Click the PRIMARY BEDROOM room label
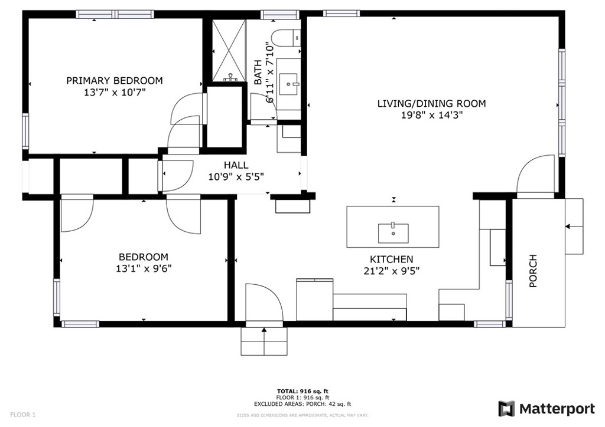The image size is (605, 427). click(x=115, y=80)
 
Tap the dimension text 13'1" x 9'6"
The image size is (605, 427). click(x=144, y=268)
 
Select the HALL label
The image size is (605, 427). click(x=236, y=165)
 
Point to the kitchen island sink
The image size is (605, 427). click(x=393, y=233)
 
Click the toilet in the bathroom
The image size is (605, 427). click(x=285, y=38)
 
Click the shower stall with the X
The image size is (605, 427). click(x=229, y=51)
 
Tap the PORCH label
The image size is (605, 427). click(x=533, y=271)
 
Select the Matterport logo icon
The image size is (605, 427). click(x=506, y=409)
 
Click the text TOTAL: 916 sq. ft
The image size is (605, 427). click(x=302, y=392)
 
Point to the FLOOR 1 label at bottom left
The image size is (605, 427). click(x=23, y=415)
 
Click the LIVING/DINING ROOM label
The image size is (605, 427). click(x=431, y=103)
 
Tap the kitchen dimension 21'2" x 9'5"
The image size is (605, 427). click(x=392, y=271)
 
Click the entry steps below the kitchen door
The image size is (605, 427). click(x=264, y=341)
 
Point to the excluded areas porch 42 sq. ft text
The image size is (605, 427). click(x=302, y=404)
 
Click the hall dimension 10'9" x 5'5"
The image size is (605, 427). click(x=236, y=177)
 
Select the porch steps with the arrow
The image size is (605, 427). click(x=574, y=226)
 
